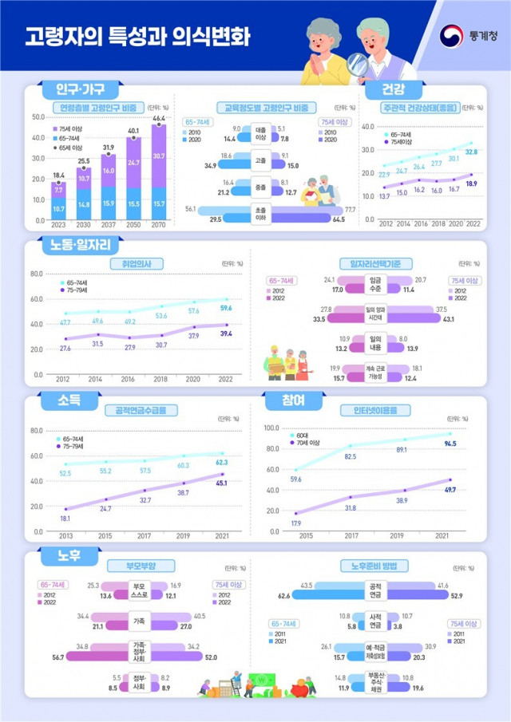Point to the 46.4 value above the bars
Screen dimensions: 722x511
pos(159,118)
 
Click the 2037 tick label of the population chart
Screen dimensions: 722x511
pos(108,226)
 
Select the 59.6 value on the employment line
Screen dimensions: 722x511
pos(227,308)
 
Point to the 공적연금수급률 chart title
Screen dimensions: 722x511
pos(141,410)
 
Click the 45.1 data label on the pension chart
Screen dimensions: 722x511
pos(222,483)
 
